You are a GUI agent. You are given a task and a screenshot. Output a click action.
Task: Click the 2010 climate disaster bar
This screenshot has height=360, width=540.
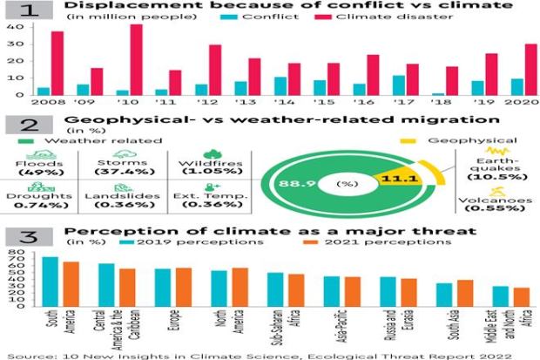pos(135,60)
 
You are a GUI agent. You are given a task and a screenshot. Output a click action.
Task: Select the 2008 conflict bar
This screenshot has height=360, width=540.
pos(44,91)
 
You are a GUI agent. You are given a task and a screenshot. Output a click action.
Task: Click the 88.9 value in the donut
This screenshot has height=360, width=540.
pos(287,185)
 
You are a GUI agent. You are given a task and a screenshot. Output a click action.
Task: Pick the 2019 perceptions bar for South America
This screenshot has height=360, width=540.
pos(51,281)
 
